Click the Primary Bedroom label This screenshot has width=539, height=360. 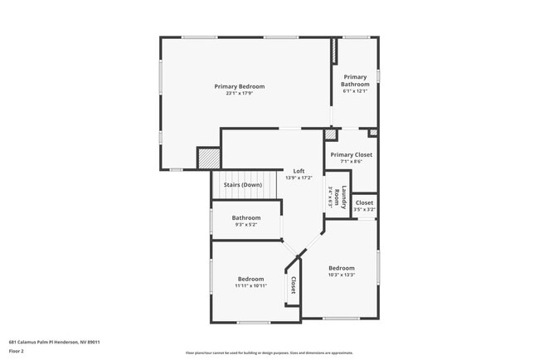pyautogui.click(x=239, y=86)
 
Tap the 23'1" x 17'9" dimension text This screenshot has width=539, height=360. pyautogui.click(x=239, y=93)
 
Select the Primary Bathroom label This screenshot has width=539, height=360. pyautogui.click(x=356, y=80)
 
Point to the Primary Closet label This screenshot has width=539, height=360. pyautogui.click(x=352, y=154)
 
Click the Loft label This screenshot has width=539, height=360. pyautogui.click(x=299, y=171)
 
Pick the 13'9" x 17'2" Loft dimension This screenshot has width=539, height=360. pyautogui.click(x=299, y=178)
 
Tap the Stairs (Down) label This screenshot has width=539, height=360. pyautogui.click(x=243, y=184)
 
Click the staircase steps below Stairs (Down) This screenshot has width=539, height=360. pyautogui.click(x=243, y=196)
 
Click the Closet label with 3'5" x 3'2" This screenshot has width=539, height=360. pyautogui.click(x=364, y=202)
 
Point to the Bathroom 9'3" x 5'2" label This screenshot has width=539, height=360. pyautogui.click(x=246, y=218)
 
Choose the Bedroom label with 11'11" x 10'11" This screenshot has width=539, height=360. pyautogui.click(x=251, y=279)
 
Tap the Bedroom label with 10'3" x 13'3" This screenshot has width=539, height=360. pyautogui.click(x=341, y=268)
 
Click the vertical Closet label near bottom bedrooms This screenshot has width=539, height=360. pyautogui.click(x=293, y=285)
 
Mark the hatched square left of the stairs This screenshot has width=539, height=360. pyautogui.click(x=209, y=158)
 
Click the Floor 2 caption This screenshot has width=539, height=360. pyautogui.click(x=17, y=351)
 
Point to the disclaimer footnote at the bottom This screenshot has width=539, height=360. pyautogui.click(x=269, y=353)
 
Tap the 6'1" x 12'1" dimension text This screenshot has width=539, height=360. pyautogui.click(x=356, y=90)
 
